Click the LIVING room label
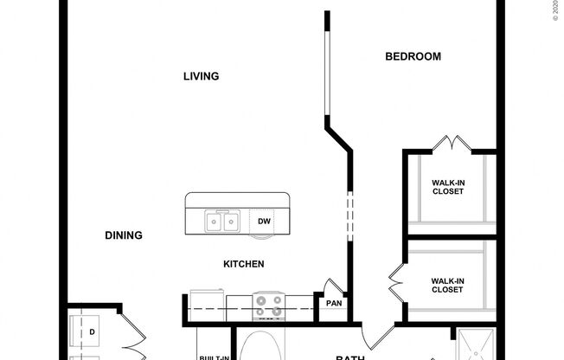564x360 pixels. pyautogui.click(x=201, y=76)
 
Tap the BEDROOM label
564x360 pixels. pyautogui.click(x=413, y=57)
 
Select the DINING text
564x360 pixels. pyautogui.click(x=124, y=235)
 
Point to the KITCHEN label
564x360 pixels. pyautogui.click(x=244, y=264)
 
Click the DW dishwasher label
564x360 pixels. pyautogui.click(x=264, y=222)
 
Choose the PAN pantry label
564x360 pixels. pyautogui.click(x=334, y=303)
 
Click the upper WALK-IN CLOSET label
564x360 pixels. pyautogui.click(x=447, y=186)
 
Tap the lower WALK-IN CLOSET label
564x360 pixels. pyautogui.click(x=447, y=285)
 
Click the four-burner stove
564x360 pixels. pyautogui.click(x=269, y=305)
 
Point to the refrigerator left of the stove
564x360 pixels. pyautogui.click(x=206, y=302)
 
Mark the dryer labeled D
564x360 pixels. pyautogui.click(x=91, y=331)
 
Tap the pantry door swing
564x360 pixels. pyautogui.click(x=332, y=286)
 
